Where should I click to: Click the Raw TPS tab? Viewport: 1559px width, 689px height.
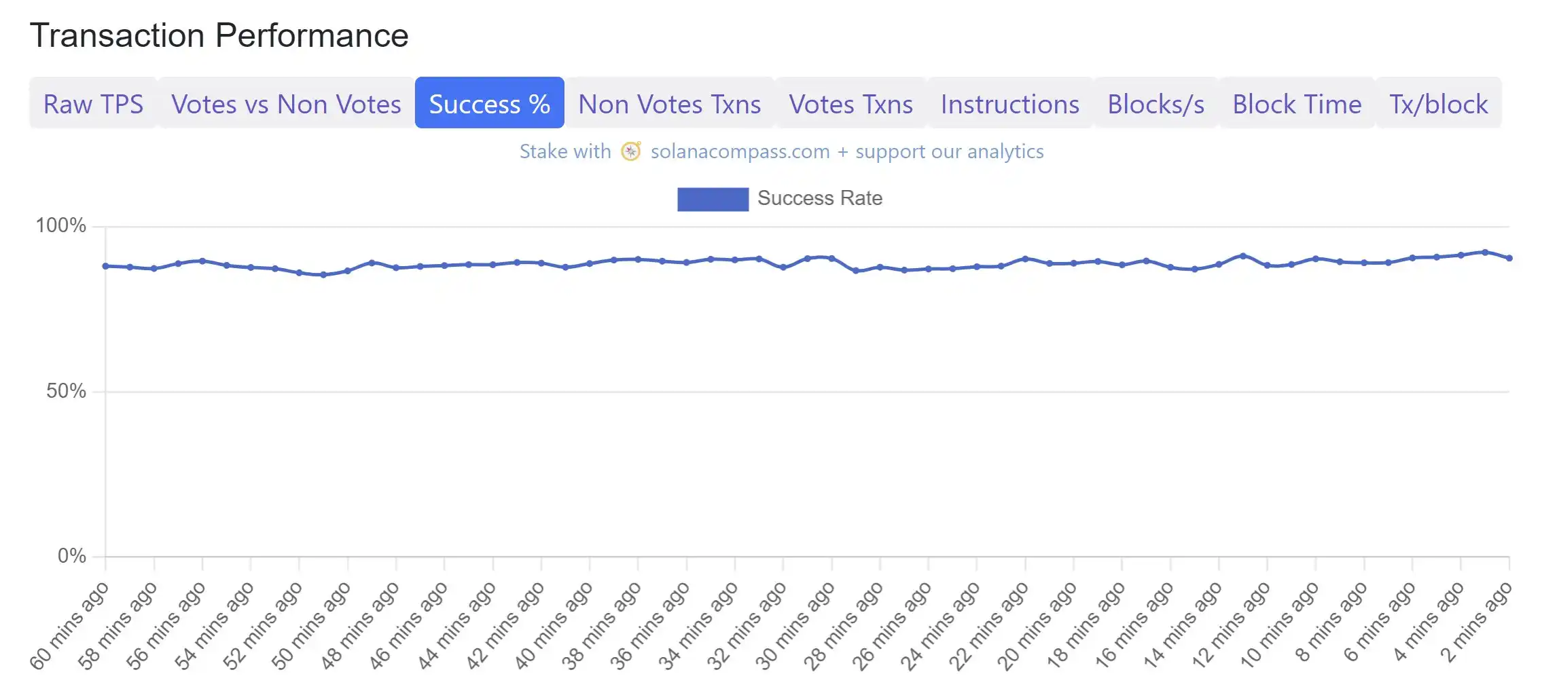tap(93, 104)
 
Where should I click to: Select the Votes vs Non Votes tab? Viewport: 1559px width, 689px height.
tap(286, 104)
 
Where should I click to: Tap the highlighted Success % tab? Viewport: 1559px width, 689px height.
tap(489, 104)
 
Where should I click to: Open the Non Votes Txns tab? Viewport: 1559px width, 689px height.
tap(669, 104)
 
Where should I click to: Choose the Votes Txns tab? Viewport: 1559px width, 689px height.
tap(850, 104)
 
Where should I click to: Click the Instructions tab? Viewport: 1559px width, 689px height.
tap(1009, 104)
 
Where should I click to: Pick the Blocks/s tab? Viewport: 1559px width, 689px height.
tap(1155, 104)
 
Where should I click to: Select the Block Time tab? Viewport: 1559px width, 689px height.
tap(1297, 104)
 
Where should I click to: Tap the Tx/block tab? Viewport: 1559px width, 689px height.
tap(1438, 104)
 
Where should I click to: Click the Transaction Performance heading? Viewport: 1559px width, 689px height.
tap(219, 35)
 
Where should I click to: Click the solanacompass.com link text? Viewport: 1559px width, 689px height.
tap(740, 151)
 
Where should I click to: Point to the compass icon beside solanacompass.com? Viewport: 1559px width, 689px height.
tap(631, 151)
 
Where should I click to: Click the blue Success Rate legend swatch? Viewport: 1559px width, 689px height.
tap(713, 199)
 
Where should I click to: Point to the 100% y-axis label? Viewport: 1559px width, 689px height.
tap(61, 225)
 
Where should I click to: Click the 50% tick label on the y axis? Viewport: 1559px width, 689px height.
tap(66, 391)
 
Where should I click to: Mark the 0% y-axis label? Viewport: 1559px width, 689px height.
tap(71, 556)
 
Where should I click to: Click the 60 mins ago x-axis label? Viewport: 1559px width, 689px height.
tap(69, 626)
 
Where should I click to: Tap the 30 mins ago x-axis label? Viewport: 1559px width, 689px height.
tap(795, 626)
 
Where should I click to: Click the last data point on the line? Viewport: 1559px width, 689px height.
tap(1509, 258)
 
